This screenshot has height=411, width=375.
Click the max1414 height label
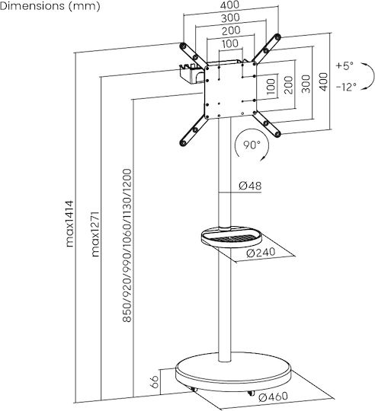70,224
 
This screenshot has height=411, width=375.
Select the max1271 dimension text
95,234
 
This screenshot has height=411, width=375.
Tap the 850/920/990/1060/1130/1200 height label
127,246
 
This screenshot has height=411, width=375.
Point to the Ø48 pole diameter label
250,186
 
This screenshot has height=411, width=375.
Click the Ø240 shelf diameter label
261,253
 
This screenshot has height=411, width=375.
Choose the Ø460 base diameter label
273,397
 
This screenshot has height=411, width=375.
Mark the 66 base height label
154,381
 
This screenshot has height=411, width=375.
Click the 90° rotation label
252,145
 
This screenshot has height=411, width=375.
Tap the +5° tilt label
345,65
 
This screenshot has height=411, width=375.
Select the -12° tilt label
346,87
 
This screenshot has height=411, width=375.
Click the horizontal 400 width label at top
230,5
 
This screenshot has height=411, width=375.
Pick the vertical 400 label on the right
324,81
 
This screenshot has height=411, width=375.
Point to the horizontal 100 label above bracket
230,43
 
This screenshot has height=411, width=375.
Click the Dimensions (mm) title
50,6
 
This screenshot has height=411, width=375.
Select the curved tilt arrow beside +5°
370,76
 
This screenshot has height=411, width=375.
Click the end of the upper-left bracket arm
183,46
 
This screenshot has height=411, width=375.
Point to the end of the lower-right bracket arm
277,134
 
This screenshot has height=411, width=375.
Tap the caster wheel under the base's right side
251,393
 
